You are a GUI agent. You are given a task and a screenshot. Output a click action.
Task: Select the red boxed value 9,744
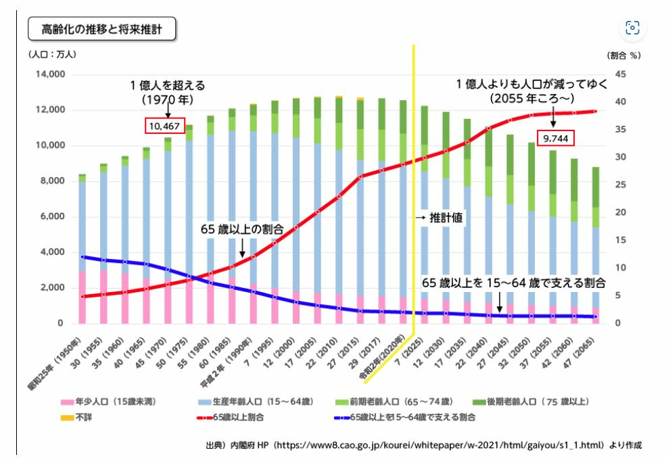tap(554, 139)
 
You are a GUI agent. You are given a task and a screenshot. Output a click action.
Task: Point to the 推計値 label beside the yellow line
tap(446, 219)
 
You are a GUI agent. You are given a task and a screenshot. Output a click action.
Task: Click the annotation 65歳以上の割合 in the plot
tap(241, 228)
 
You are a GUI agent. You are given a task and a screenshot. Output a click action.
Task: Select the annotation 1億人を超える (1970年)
tap(167, 93)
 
